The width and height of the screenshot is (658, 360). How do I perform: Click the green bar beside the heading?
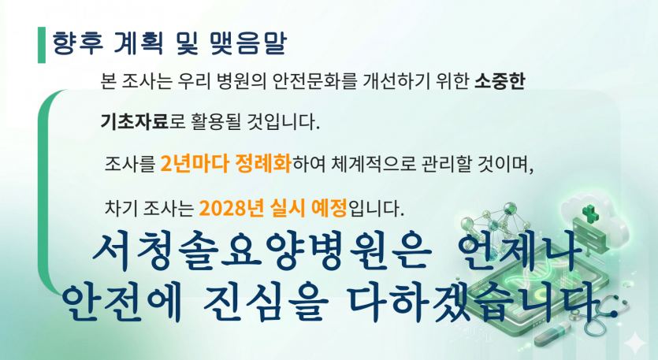(41, 46)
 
